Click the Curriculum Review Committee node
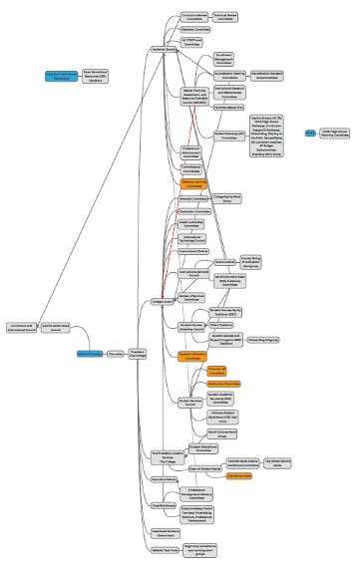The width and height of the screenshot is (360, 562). point(195,18)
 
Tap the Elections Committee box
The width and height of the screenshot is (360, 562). point(195,30)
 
